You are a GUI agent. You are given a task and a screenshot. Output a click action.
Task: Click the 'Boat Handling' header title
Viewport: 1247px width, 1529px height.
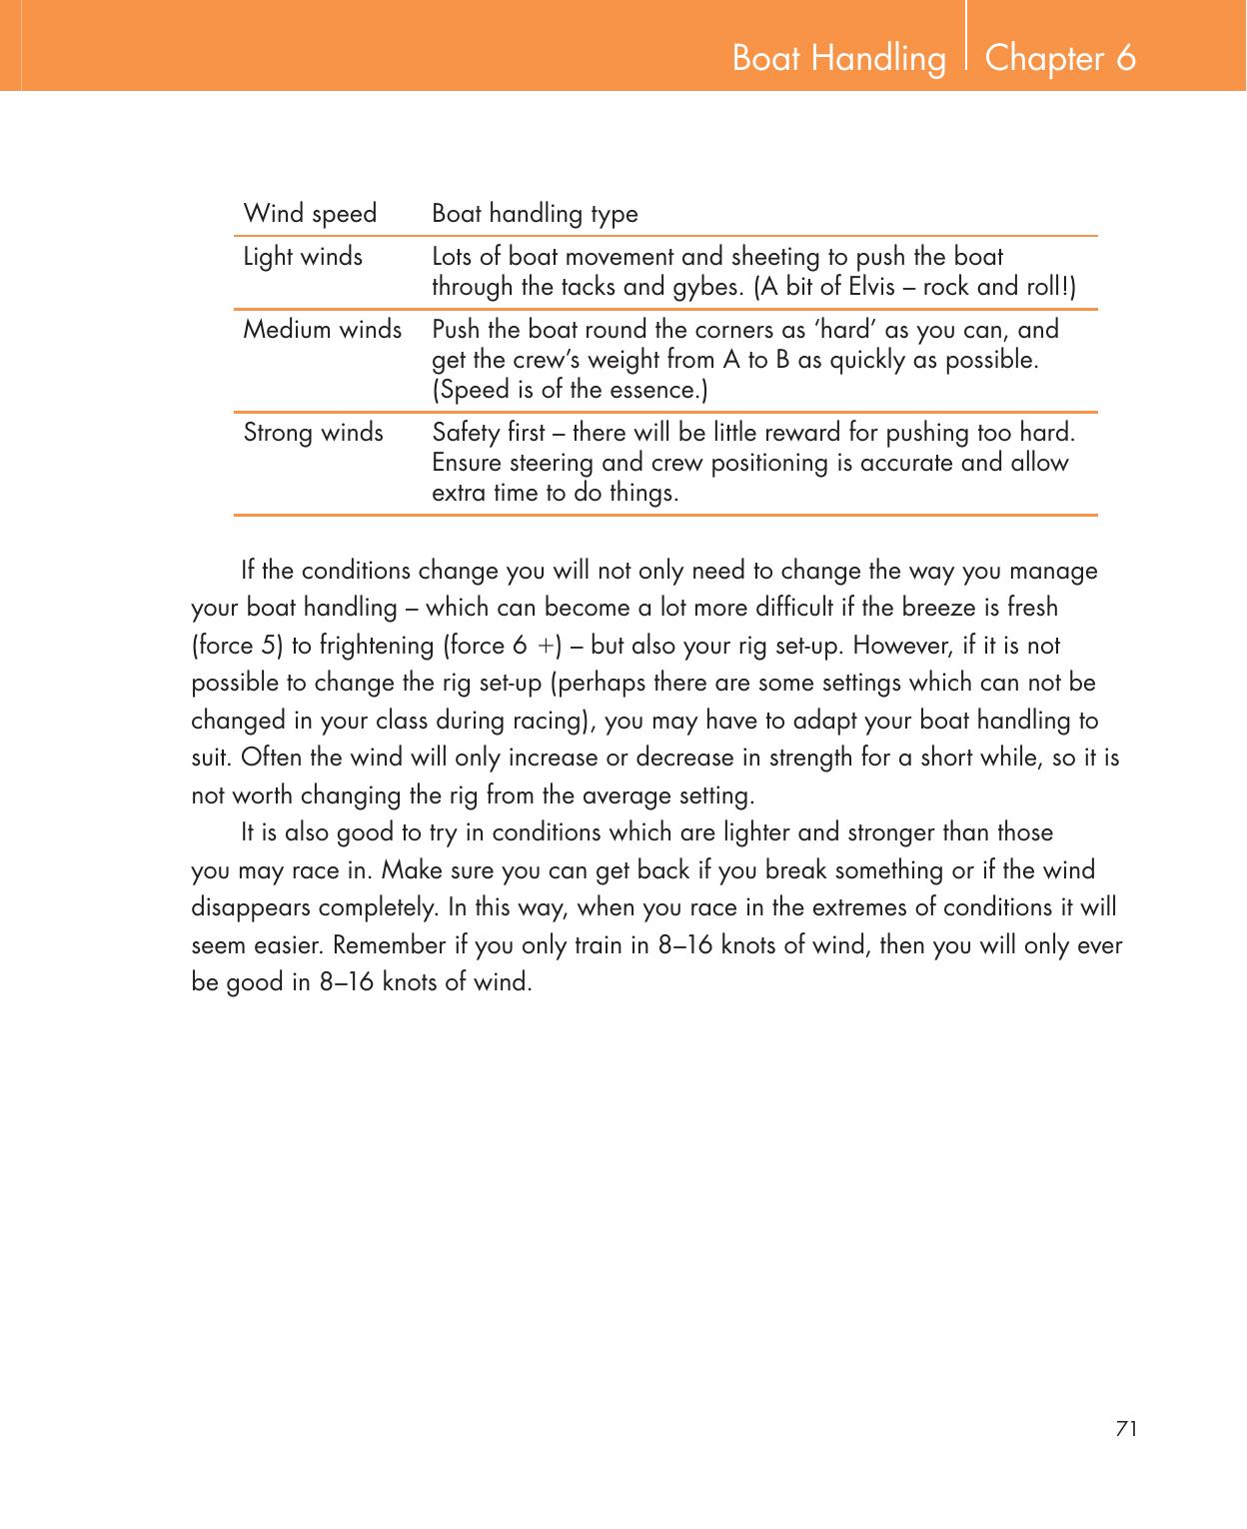pos(838,59)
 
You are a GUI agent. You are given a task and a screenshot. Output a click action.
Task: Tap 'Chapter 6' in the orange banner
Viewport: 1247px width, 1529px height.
pos(1060,59)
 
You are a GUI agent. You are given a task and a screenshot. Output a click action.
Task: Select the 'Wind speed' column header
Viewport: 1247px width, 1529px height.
pos(311,214)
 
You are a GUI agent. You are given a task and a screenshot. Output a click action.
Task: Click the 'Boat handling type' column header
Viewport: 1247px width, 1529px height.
pos(535,214)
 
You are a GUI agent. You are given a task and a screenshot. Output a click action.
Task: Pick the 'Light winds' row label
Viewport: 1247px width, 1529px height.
pos(304,257)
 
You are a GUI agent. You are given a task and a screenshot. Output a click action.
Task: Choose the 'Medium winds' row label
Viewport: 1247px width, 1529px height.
pos(323,330)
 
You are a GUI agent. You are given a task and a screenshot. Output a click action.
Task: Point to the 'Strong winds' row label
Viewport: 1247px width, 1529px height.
pos(314,433)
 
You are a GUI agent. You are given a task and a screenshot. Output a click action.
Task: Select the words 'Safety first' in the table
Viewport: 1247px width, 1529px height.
pos(488,433)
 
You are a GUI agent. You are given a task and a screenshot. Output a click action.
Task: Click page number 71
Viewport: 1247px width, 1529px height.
pos(1126,1428)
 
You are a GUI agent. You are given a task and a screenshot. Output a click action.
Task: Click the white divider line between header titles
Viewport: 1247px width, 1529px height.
pos(966,45)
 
